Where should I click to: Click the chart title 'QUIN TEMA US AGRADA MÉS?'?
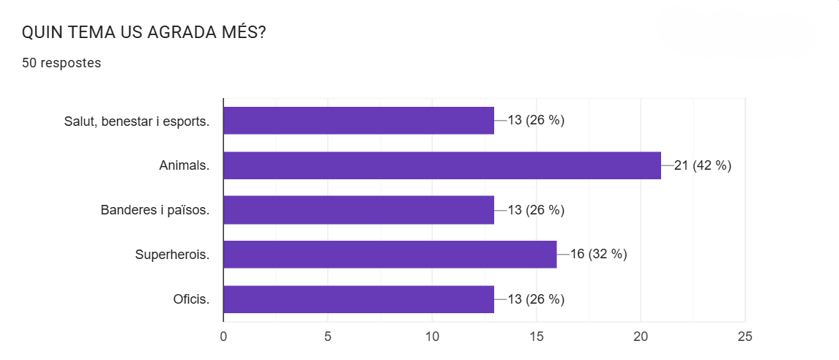(143, 33)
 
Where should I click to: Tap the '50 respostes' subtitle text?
(61, 63)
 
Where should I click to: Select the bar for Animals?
(441, 165)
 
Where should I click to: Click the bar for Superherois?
(389, 254)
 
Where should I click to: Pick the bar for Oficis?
(358, 299)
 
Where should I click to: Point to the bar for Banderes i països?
(358, 210)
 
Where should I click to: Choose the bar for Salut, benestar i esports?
(358, 121)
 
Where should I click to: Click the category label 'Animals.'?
(184, 165)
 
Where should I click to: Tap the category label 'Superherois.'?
(172, 255)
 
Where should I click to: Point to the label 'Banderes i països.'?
(155, 210)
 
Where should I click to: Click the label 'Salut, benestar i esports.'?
(137, 121)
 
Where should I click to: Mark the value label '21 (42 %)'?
(703, 165)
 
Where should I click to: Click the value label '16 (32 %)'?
(599, 254)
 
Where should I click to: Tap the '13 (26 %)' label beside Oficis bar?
(536, 299)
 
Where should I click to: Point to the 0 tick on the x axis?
(223, 337)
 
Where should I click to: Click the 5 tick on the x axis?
(327, 337)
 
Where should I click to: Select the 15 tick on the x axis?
(537, 337)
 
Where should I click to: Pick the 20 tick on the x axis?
(641, 337)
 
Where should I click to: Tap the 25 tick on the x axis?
(745, 337)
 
